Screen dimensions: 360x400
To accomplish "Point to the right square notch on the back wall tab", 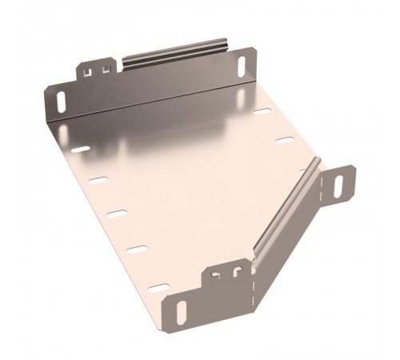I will [105, 70].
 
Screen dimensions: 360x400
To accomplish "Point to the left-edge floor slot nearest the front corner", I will [158, 286].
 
